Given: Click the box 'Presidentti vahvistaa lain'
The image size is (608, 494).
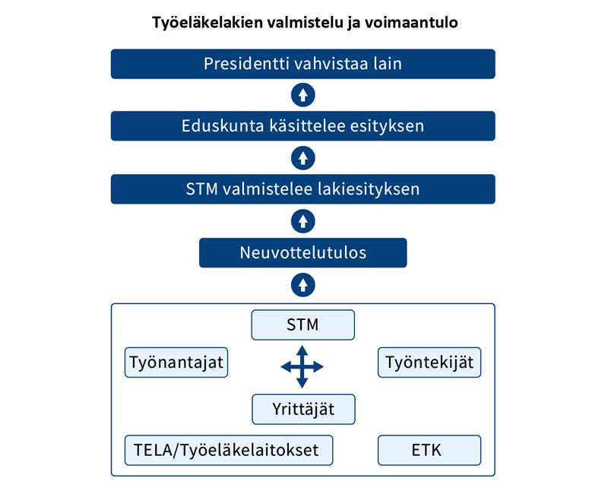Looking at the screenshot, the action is pyautogui.click(x=302, y=64).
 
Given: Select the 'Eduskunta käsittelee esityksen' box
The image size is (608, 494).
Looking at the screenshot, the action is pyautogui.click(x=302, y=126).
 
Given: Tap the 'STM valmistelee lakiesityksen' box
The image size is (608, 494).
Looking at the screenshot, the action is pyautogui.click(x=302, y=189).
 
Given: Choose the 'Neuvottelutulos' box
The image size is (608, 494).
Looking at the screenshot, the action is pyautogui.click(x=302, y=253).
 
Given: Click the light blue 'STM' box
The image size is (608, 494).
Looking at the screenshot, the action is pyautogui.click(x=302, y=325).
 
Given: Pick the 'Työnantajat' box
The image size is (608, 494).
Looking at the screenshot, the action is pyautogui.click(x=176, y=363).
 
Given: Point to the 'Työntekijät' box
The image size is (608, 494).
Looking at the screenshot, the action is pyautogui.click(x=429, y=363).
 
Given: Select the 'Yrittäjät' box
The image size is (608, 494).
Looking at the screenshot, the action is pyautogui.click(x=303, y=409).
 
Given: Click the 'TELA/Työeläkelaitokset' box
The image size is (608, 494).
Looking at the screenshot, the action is pyautogui.click(x=229, y=450).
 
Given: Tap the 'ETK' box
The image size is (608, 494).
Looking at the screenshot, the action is pyautogui.click(x=429, y=450).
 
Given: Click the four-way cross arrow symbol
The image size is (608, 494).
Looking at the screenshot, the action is pyautogui.click(x=302, y=367).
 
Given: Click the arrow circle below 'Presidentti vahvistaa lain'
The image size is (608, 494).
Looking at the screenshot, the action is pyautogui.click(x=302, y=95).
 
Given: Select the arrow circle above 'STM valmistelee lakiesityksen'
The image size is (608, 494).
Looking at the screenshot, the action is pyautogui.click(x=302, y=158).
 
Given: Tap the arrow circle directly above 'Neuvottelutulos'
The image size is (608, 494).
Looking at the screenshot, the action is pyautogui.click(x=302, y=221).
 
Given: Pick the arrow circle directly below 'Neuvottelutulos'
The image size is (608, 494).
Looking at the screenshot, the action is pyautogui.click(x=302, y=285).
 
